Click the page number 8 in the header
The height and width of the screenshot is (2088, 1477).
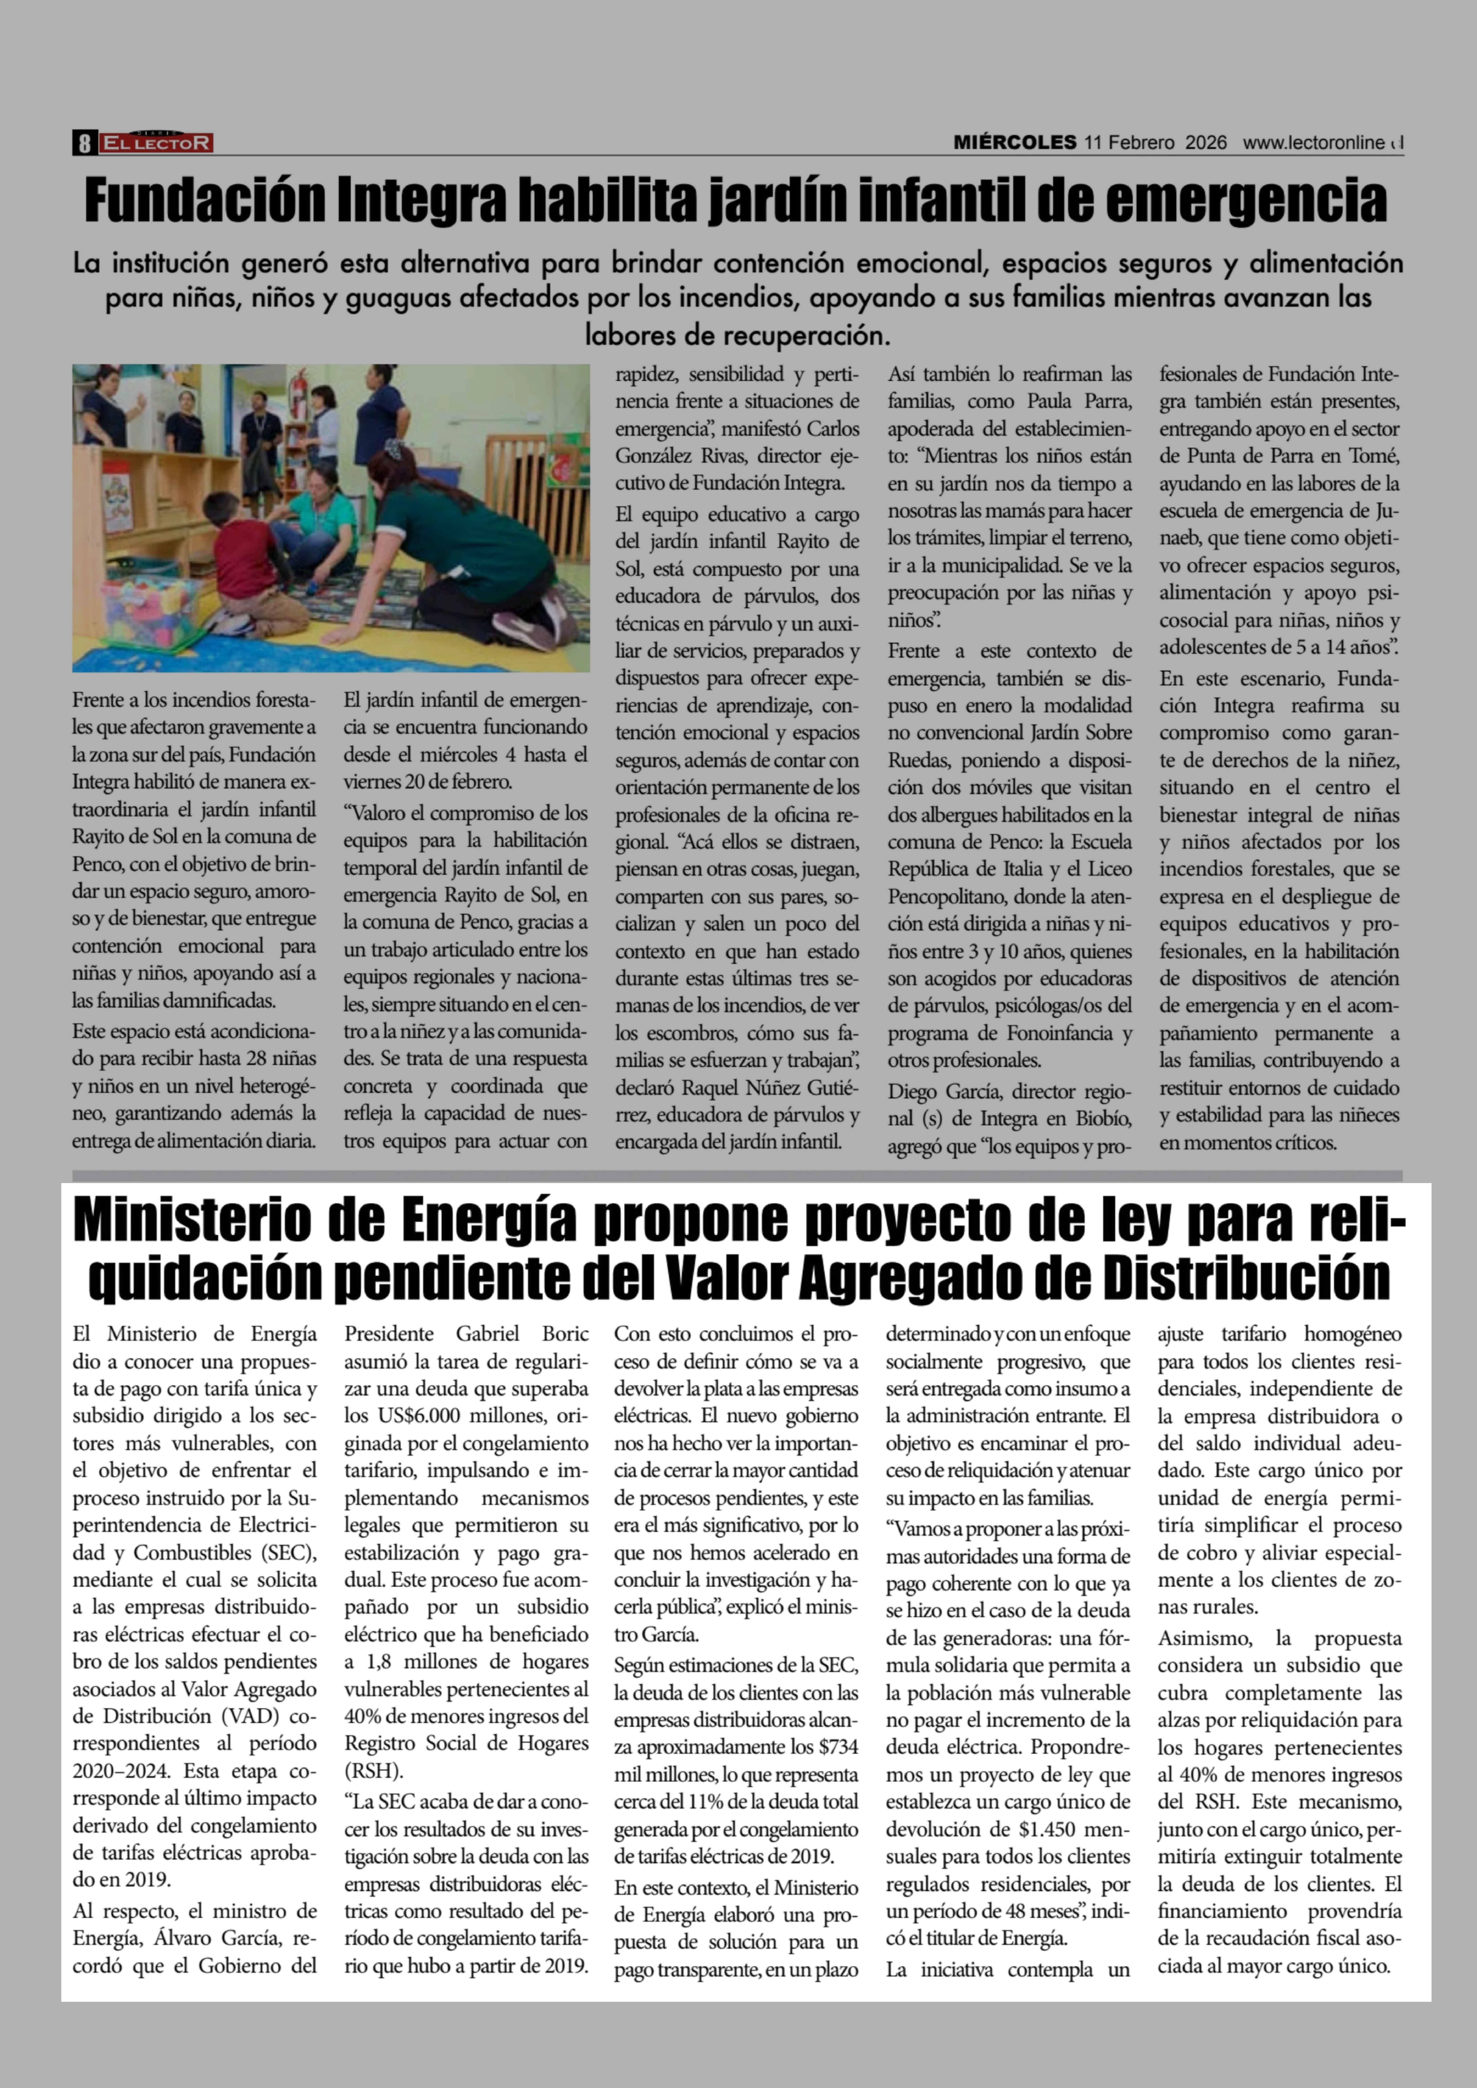click(x=84, y=143)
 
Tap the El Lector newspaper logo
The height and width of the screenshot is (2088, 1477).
click(x=156, y=143)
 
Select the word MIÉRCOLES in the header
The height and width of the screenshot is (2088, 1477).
click(x=1014, y=143)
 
